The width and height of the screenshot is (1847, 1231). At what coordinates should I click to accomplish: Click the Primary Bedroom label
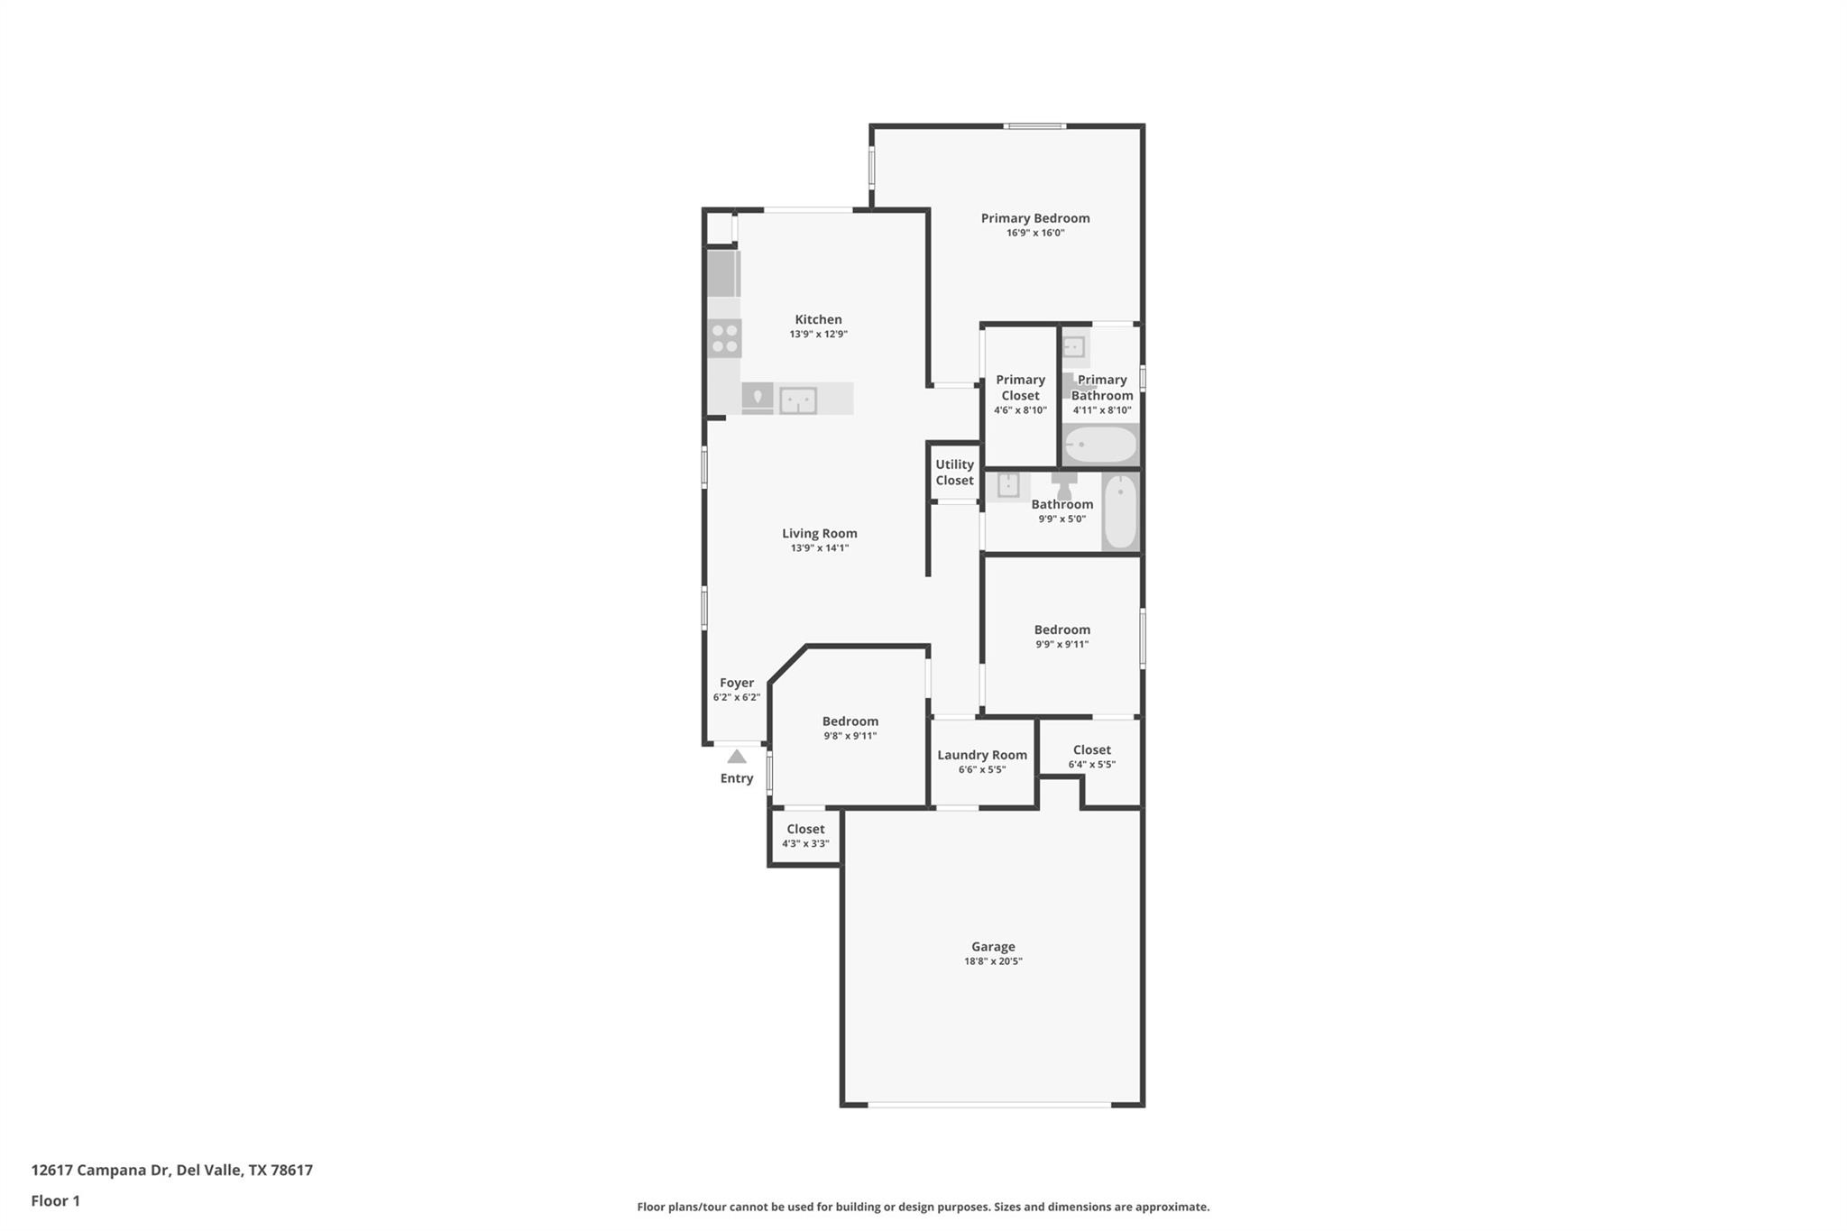pyautogui.click(x=1035, y=218)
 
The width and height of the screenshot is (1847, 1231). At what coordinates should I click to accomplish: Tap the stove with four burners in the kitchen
pyautogui.click(x=724, y=338)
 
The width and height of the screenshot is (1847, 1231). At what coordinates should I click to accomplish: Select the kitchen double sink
pyautogui.click(x=798, y=400)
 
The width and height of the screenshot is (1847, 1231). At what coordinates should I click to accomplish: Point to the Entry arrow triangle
pyautogui.click(x=737, y=757)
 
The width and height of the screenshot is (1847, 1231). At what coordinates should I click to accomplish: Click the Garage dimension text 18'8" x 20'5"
pyautogui.click(x=993, y=961)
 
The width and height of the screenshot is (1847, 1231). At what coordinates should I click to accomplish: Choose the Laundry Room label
pyautogui.click(x=982, y=756)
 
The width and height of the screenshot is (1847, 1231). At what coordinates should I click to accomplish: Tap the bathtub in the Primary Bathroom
pyautogui.click(x=1100, y=445)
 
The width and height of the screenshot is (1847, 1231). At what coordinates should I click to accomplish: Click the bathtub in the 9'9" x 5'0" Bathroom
pyautogui.click(x=1120, y=511)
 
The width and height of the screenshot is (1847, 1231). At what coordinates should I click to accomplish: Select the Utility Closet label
pyautogui.click(x=954, y=473)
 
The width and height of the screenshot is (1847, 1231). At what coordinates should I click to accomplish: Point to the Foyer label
pyautogui.click(x=737, y=684)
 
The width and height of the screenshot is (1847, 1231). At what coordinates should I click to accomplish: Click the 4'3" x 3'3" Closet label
pyautogui.click(x=805, y=830)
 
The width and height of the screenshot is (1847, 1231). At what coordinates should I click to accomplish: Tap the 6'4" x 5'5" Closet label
pyautogui.click(x=1091, y=750)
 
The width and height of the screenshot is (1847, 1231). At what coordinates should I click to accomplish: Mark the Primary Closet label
pyautogui.click(x=1020, y=388)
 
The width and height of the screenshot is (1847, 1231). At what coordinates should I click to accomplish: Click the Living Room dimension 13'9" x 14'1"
pyautogui.click(x=819, y=548)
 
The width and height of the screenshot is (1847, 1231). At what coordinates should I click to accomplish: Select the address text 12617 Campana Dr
pyautogui.click(x=100, y=1171)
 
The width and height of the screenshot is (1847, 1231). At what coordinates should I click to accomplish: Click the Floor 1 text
pyautogui.click(x=56, y=1201)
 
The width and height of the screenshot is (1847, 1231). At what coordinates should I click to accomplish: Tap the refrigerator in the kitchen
pyautogui.click(x=723, y=274)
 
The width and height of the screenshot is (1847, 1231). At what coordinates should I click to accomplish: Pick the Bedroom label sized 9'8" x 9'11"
pyautogui.click(x=850, y=721)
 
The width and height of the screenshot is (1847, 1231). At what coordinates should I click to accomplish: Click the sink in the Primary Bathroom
pyautogui.click(x=1073, y=347)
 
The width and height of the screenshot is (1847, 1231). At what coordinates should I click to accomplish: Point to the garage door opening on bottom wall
pyautogui.click(x=989, y=1105)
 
